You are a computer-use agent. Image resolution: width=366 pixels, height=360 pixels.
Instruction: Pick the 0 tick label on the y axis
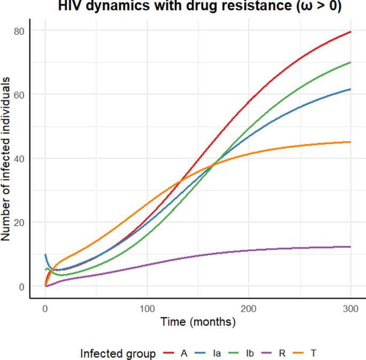click(x=22, y=286)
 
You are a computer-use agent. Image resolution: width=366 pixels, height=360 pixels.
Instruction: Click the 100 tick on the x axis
click(x=147, y=309)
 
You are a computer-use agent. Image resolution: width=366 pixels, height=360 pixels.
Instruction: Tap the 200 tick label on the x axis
click(x=249, y=309)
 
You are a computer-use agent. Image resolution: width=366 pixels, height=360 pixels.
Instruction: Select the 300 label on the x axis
click(x=351, y=309)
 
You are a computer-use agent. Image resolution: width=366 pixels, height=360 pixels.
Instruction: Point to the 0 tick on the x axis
click(x=45, y=309)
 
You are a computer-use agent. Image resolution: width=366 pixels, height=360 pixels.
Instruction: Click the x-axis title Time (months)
click(x=198, y=322)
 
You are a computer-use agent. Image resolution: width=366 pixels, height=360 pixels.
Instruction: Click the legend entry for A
click(x=176, y=354)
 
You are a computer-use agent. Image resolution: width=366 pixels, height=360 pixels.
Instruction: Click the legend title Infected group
click(x=118, y=354)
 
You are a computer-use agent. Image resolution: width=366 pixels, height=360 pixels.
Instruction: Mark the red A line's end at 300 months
click(x=351, y=32)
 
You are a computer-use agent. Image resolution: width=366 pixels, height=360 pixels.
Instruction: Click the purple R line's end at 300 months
click(x=351, y=247)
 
